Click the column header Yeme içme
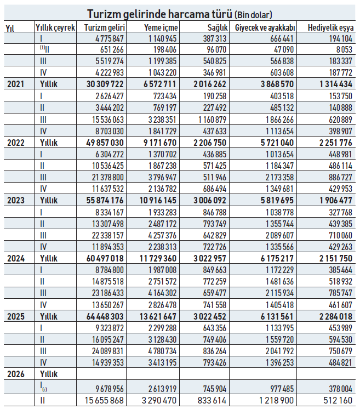(161, 27)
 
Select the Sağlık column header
(218, 27)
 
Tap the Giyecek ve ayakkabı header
(265, 27)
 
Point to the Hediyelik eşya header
(330, 27)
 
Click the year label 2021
(16, 84)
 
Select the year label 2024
(16, 258)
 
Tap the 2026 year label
(16, 374)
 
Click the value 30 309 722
(105, 84)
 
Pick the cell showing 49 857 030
(105, 143)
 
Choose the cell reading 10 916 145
(158, 200)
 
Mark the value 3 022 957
(210, 258)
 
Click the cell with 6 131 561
(277, 316)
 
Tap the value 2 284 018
(336, 316)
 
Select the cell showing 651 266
(112, 49)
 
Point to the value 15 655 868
(104, 400)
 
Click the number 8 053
(344, 49)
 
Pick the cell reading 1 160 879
(212, 120)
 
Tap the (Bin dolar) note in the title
(253, 15)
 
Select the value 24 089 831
(107, 351)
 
